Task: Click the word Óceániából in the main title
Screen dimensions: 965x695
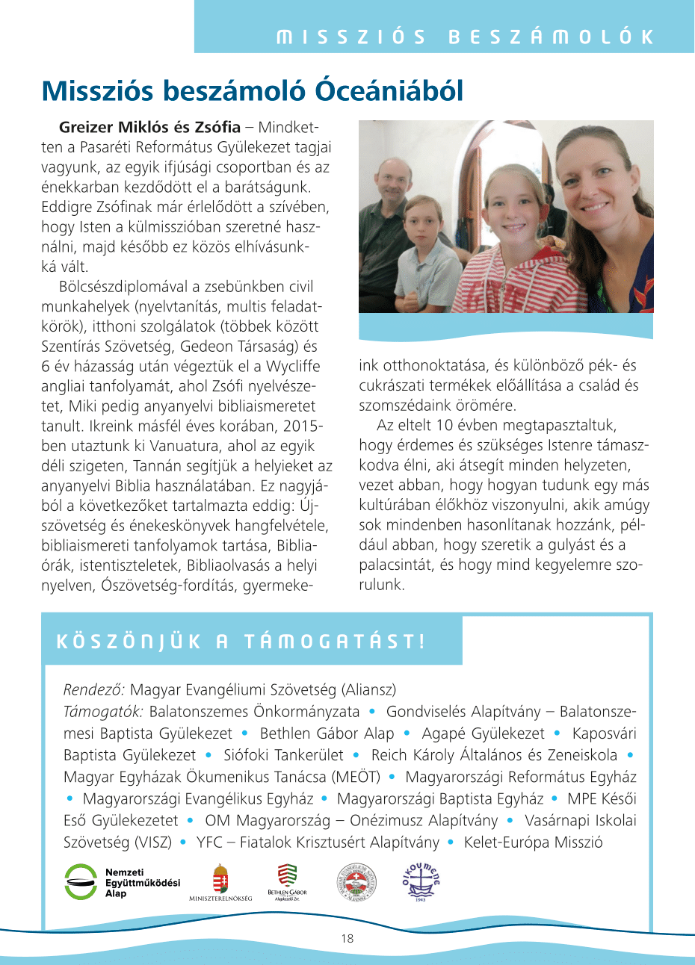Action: (x=389, y=91)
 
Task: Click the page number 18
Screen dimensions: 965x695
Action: (x=347, y=939)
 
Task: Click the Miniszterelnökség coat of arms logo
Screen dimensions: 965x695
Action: (x=220, y=881)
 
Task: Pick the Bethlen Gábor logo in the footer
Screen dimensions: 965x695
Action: (x=287, y=881)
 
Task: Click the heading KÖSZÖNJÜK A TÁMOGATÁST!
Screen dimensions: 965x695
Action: (x=241, y=642)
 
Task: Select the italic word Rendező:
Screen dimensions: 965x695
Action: (x=94, y=689)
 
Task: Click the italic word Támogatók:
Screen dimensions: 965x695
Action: (x=103, y=712)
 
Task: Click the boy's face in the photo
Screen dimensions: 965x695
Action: (x=424, y=221)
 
